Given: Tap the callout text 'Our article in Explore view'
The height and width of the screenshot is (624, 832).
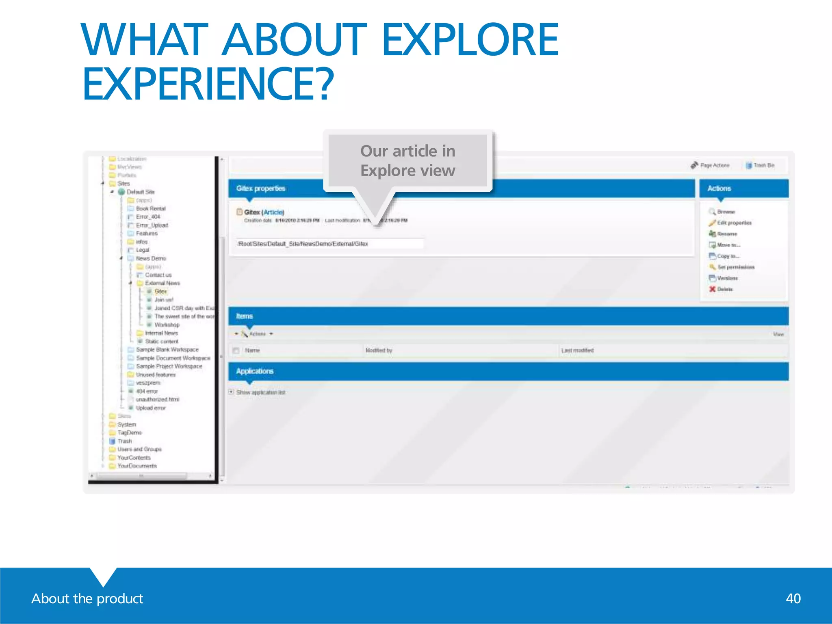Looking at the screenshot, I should (x=407, y=161).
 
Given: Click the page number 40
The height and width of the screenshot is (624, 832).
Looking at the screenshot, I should (x=793, y=598).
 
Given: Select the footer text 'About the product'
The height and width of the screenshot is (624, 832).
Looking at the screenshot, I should (x=87, y=598).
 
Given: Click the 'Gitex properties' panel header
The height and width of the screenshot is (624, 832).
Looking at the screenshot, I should (x=261, y=188).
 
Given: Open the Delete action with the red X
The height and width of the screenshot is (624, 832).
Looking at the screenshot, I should (x=724, y=289).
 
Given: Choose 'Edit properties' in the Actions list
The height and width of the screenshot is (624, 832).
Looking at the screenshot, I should (x=734, y=223).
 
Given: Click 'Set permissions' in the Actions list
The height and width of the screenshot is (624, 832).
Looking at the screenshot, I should (x=735, y=267).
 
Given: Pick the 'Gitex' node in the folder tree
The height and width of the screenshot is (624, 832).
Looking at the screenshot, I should (x=160, y=291).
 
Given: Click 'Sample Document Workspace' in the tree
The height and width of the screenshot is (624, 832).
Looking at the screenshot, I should (x=173, y=358).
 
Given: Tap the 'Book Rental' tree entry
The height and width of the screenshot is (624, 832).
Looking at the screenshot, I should (x=150, y=208).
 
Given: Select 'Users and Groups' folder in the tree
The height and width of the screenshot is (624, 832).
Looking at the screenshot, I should (x=139, y=449).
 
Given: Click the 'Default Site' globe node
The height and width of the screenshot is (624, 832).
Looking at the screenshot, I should (x=140, y=192).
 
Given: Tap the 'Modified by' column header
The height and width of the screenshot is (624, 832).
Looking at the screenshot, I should (x=379, y=350).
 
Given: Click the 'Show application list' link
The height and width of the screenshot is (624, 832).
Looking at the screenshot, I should (x=260, y=392).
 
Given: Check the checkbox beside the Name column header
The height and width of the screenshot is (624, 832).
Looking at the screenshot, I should (x=236, y=350).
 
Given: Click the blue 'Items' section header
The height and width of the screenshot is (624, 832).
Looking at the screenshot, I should (x=245, y=316).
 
